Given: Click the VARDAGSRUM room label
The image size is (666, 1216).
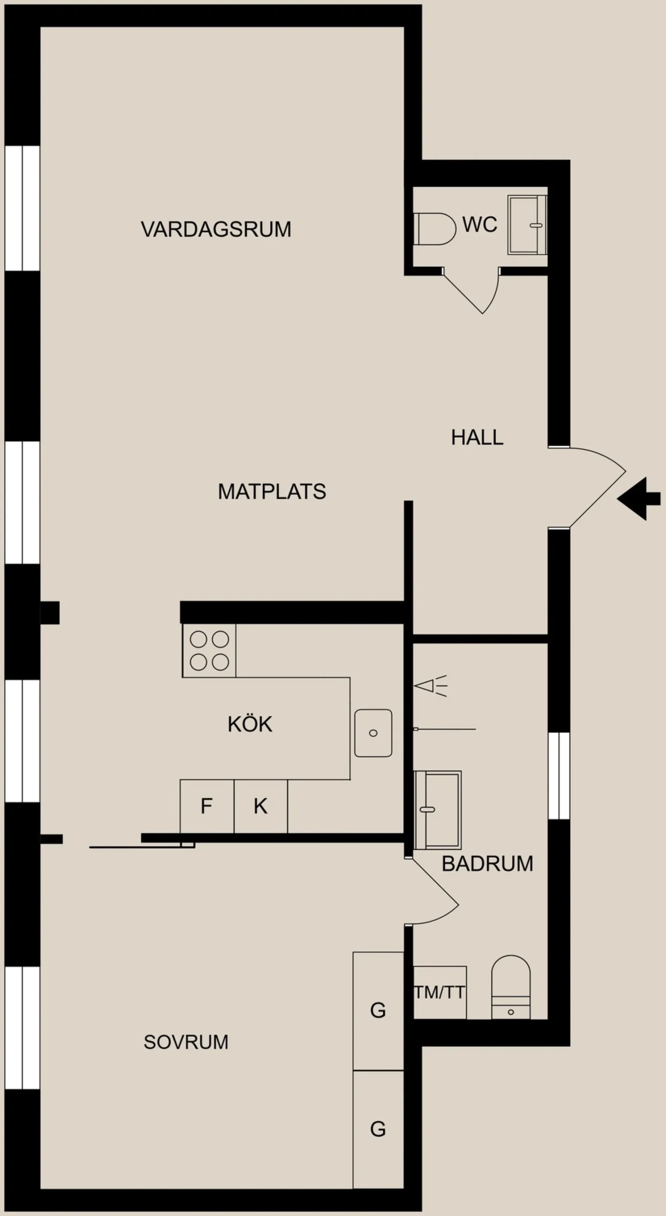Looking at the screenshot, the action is tap(216, 230).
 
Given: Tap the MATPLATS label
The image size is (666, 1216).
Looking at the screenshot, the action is tap(271, 492).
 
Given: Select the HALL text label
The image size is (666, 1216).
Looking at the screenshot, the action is tap(477, 438).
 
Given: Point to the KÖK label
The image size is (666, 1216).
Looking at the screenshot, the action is tap(250, 724).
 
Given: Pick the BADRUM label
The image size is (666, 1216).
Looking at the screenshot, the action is tap(487, 864).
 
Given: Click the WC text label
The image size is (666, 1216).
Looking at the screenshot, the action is tap(480, 224).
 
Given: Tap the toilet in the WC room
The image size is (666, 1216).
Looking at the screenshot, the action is tap(434, 229).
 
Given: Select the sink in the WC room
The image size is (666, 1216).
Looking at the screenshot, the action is tap(527, 225).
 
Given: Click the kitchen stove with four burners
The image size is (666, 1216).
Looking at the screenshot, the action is tap(209, 651).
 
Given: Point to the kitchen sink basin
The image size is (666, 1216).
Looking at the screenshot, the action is tap(373, 733).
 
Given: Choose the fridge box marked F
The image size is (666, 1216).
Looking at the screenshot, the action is tap(207, 806).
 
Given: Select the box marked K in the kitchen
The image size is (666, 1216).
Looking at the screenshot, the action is tap(261, 806).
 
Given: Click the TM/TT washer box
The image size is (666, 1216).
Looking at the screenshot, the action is tap(439, 992).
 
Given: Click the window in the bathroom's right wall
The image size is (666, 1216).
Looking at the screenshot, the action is tap(559, 776).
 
